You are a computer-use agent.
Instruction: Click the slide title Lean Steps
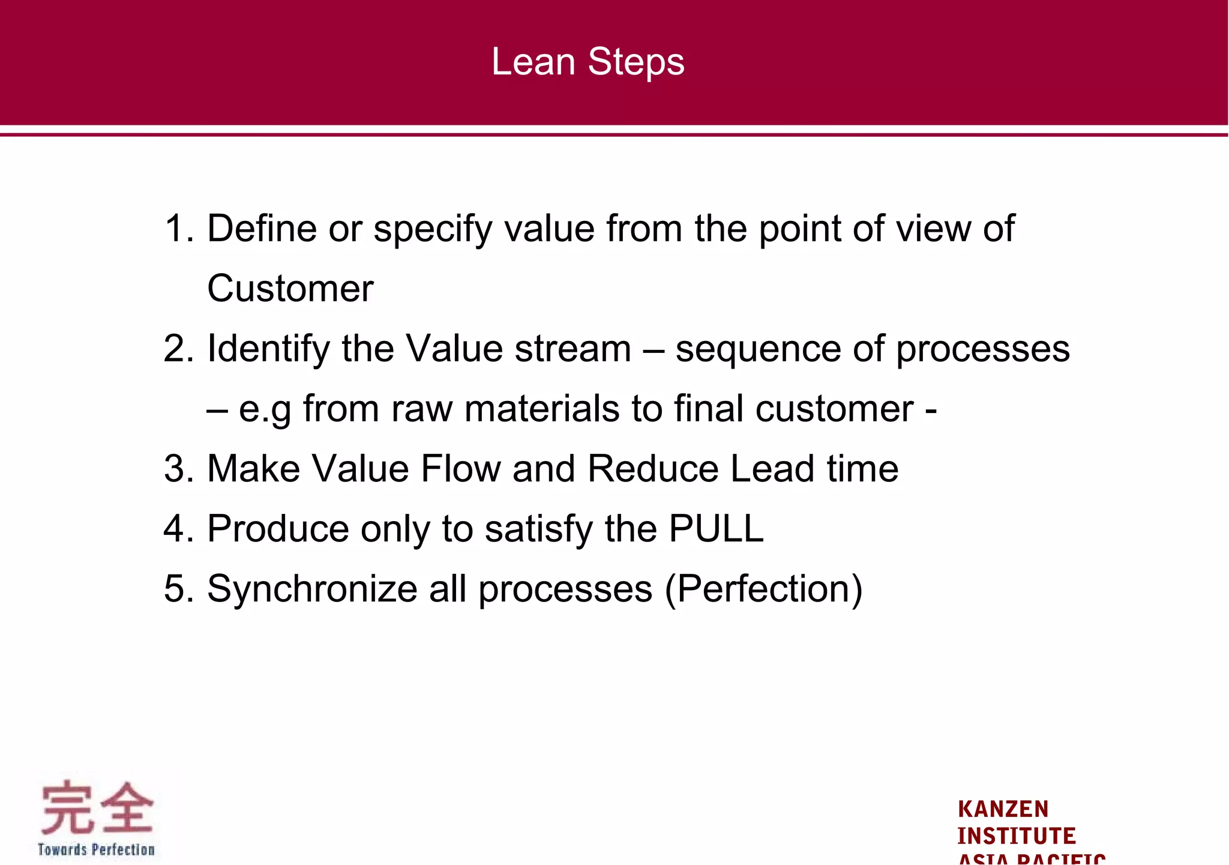[587, 61]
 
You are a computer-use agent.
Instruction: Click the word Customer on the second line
[290, 289]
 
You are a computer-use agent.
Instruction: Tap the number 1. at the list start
[179, 229]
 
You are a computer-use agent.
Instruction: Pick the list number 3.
[179, 469]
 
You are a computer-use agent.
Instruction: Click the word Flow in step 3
[460, 469]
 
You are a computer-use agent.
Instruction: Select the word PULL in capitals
[715, 529]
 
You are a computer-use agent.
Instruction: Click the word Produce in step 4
[278, 529]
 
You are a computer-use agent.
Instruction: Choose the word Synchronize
[312, 589]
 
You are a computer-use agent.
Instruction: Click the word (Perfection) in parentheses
[764, 589]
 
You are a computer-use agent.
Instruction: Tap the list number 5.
[179, 589]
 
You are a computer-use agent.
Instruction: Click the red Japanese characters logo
[97, 808]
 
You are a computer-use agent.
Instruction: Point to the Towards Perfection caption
[96, 849]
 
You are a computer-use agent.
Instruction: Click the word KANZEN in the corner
[1003, 809]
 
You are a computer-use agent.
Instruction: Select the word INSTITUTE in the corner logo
[1016, 836]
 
